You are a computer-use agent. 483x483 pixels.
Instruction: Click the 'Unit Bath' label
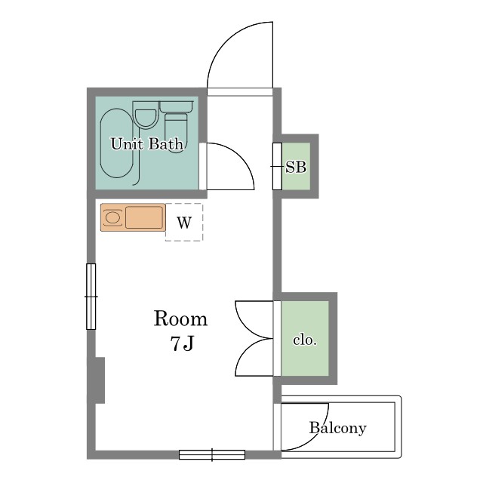pos(147,144)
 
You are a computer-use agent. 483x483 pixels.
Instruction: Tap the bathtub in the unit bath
pos(117,143)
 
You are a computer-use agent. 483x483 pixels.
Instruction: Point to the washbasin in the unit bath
pos(146,115)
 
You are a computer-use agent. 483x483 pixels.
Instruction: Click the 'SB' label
pos(296,167)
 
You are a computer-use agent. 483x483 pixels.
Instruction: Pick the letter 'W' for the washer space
pos(184,223)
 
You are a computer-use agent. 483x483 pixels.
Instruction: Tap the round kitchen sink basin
pos(112,217)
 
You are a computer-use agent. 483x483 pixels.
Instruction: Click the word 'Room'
pos(180,318)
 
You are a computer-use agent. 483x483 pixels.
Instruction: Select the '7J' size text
pos(182,343)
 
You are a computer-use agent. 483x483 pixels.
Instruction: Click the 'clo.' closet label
pos(305,340)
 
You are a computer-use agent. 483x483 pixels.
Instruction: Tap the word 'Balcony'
pos(338,428)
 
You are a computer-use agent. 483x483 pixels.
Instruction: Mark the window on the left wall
pos(91,297)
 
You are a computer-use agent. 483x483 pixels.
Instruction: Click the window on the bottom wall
pos(212,454)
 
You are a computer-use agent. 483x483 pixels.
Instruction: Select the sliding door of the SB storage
pos(277,166)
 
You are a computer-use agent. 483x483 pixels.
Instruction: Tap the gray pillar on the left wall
pos(100,380)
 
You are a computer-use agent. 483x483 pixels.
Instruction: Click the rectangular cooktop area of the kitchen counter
pos(144,217)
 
